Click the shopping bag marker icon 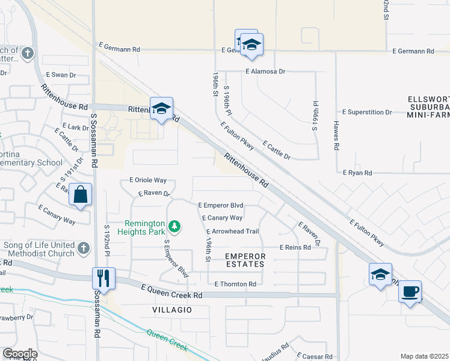pyautogui.click(x=80, y=195)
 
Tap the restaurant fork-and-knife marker pyautogui.click(x=103, y=279)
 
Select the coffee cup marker pyautogui.click(x=410, y=292)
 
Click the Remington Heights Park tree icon pyautogui.click(x=174, y=226)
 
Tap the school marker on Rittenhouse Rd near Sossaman pyautogui.click(x=161, y=109)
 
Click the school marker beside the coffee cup pyautogui.click(x=380, y=274)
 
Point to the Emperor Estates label pyautogui.click(x=245, y=260)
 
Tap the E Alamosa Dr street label pyautogui.click(x=265, y=71)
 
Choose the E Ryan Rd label pyautogui.click(x=357, y=173)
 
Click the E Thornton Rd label pyautogui.click(x=235, y=283)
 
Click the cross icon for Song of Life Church pyautogui.click(x=84, y=247)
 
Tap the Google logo pyautogui.click(x=20, y=354)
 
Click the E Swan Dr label pyautogui.click(x=61, y=75)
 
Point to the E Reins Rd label pyautogui.click(x=295, y=247)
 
